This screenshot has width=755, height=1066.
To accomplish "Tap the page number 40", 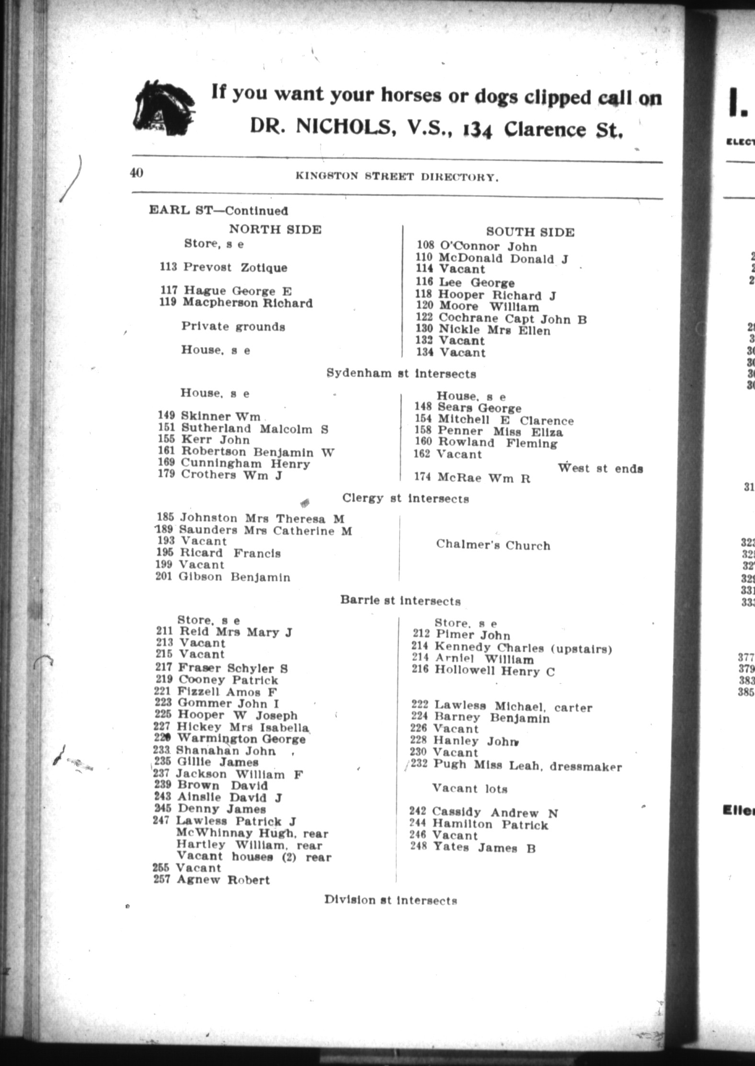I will [x=137, y=173].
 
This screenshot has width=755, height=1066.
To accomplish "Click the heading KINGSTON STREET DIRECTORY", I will [x=397, y=177].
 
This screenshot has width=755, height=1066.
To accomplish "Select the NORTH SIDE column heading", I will [x=275, y=229].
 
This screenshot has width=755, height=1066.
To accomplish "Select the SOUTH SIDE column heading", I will [x=530, y=232].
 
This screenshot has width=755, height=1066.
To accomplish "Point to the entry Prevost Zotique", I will [x=235, y=267].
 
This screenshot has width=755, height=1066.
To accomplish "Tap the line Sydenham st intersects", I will [x=401, y=373].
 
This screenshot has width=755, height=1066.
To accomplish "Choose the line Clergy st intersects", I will [x=405, y=498].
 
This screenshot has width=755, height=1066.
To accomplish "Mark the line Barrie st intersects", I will [x=400, y=601].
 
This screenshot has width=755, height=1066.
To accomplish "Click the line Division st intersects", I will [x=390, y=900].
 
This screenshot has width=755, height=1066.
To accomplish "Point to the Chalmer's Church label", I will [x=493, y=545].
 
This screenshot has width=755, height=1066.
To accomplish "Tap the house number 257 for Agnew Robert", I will [x=162, y=880].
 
